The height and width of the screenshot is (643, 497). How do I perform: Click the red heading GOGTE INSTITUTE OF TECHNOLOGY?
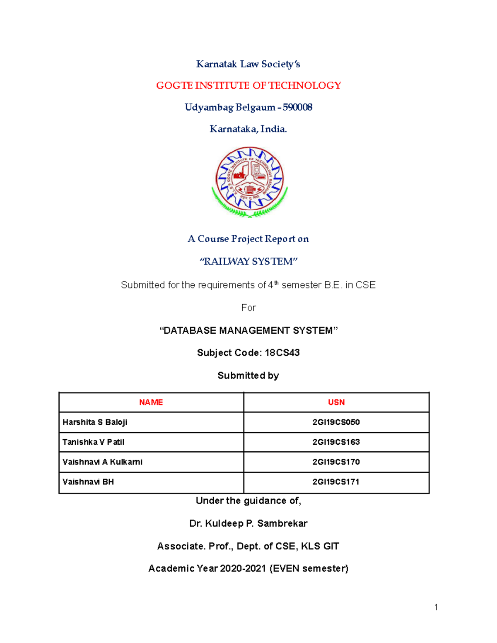tap(248, 86)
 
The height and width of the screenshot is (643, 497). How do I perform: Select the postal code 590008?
tap(297, 108)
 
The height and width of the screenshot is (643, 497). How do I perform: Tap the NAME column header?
tap(151, 402)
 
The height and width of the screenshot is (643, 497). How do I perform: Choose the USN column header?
tap(336, 402)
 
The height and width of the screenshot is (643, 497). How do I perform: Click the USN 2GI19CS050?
tap(336, 422)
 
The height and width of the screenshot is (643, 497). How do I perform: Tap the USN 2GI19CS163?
tap(336, 442)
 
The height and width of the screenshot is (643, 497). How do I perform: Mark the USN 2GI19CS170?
tap(336, 462)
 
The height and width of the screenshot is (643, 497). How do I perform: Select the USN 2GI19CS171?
tap(336, 482)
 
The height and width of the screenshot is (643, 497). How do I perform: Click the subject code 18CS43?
tap(282, 353)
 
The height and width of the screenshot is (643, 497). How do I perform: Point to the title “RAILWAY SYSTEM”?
tap(248, 262)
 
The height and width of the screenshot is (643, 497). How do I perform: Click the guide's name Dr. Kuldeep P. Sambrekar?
tap(248, 524)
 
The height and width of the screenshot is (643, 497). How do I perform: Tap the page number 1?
tap(436, 607)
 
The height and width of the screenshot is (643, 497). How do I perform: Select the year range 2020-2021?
tap(243, 568)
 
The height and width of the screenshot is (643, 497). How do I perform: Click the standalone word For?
tap(248, 308)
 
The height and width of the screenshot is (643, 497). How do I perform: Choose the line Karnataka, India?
tap(248, 129)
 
